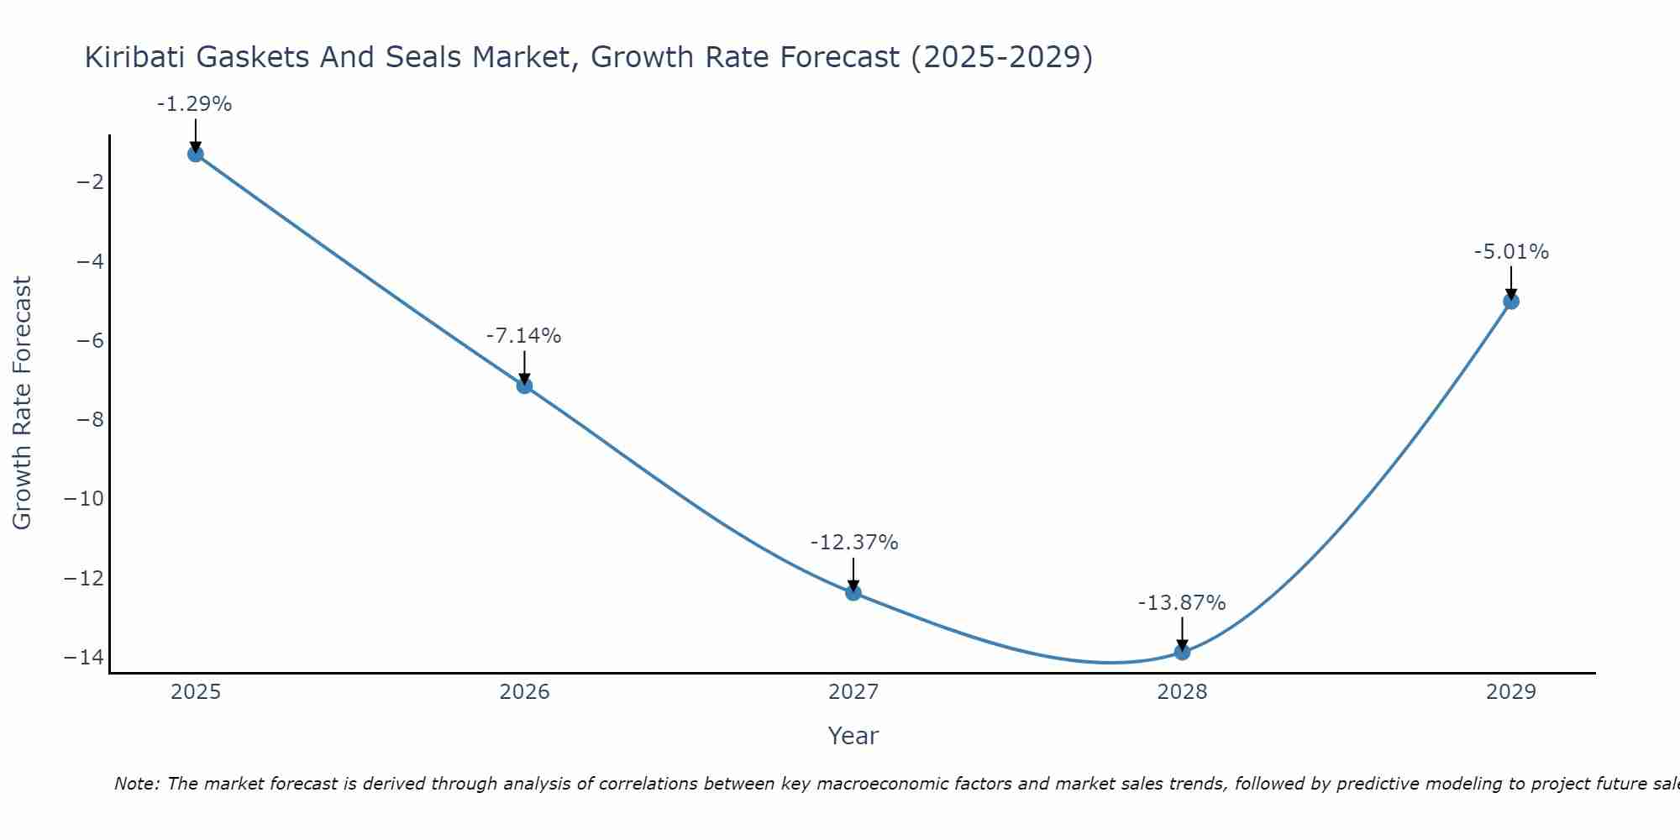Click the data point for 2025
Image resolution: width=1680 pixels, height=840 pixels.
[196, 154]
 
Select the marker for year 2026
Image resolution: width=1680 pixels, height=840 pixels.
[524, 386]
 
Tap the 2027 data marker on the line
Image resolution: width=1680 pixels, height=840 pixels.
[853, 593]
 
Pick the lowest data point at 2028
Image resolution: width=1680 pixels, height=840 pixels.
[1182, 652]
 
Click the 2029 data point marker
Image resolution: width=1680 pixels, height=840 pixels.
[1511, 301]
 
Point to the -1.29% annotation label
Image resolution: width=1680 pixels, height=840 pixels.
[194, 104]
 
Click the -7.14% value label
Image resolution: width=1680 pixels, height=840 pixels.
[523, 336]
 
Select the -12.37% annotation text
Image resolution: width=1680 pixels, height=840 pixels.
[854, 543]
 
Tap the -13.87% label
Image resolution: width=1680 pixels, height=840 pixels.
[1182, 603]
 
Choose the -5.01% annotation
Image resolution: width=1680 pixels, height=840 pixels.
[1511, 252]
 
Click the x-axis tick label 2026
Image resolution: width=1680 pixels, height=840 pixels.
[524, 692]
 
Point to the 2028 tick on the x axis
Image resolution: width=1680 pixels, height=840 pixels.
[1182, 692]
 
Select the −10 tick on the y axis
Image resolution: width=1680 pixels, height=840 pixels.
[84, 499]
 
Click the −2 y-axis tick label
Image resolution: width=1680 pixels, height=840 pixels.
[90, 182]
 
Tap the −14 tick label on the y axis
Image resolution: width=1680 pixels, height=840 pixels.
[84, 657]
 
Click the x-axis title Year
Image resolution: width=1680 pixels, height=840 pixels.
[853, 736]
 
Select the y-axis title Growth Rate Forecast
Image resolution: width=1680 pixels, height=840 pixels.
[22, 403]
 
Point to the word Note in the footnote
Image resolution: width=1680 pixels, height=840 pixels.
[135, 784]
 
